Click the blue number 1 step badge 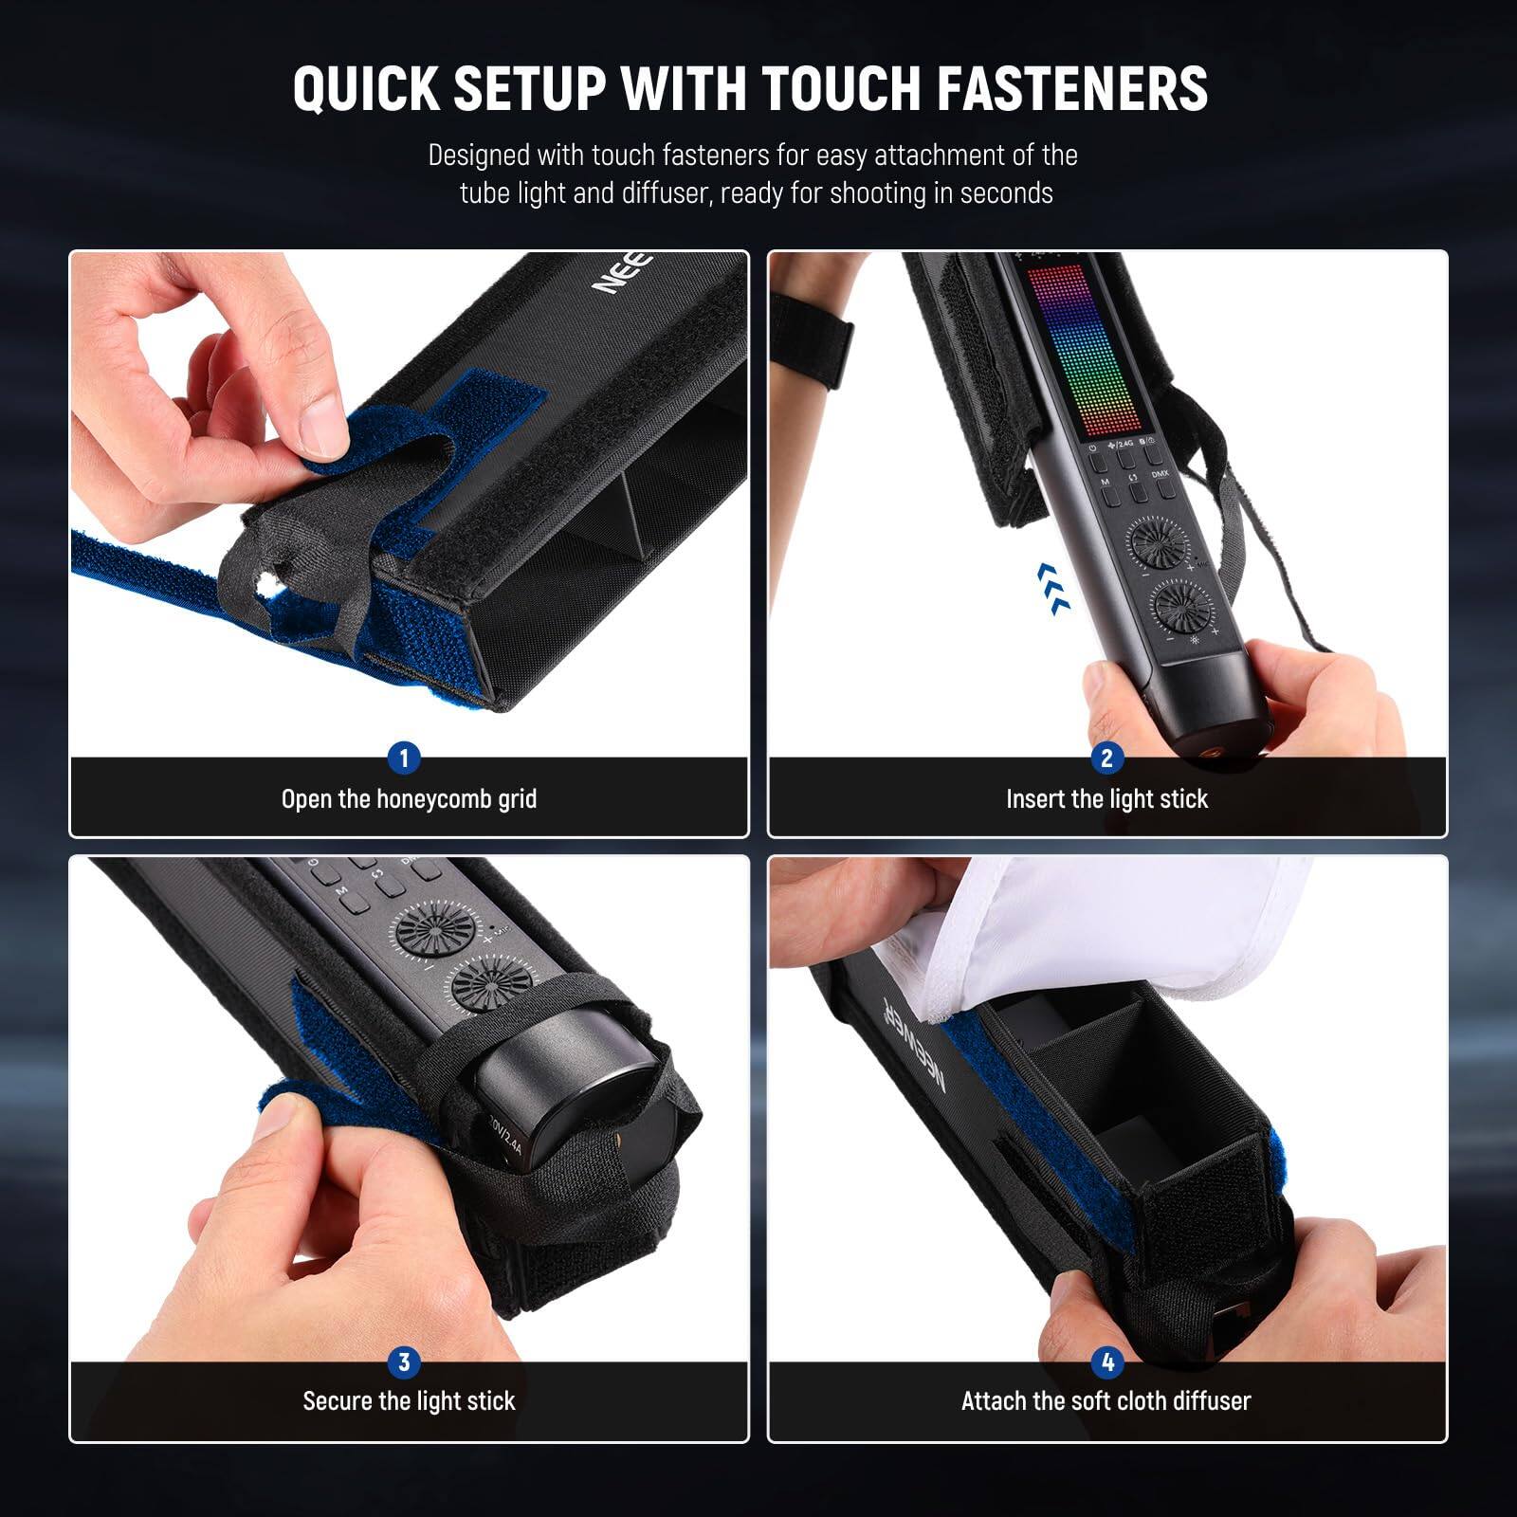coord(404,758)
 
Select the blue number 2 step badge coord(1106,758)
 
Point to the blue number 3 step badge coord(404,1362)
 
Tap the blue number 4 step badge coord(1106,1362)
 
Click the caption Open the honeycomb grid coord(409,799)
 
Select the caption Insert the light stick coord(1106,799)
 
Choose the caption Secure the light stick coord(409,1401)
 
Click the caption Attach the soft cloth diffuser coord(1106,1401)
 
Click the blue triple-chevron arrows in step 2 coord(1053,588)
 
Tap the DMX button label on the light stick coord(1161,472)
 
